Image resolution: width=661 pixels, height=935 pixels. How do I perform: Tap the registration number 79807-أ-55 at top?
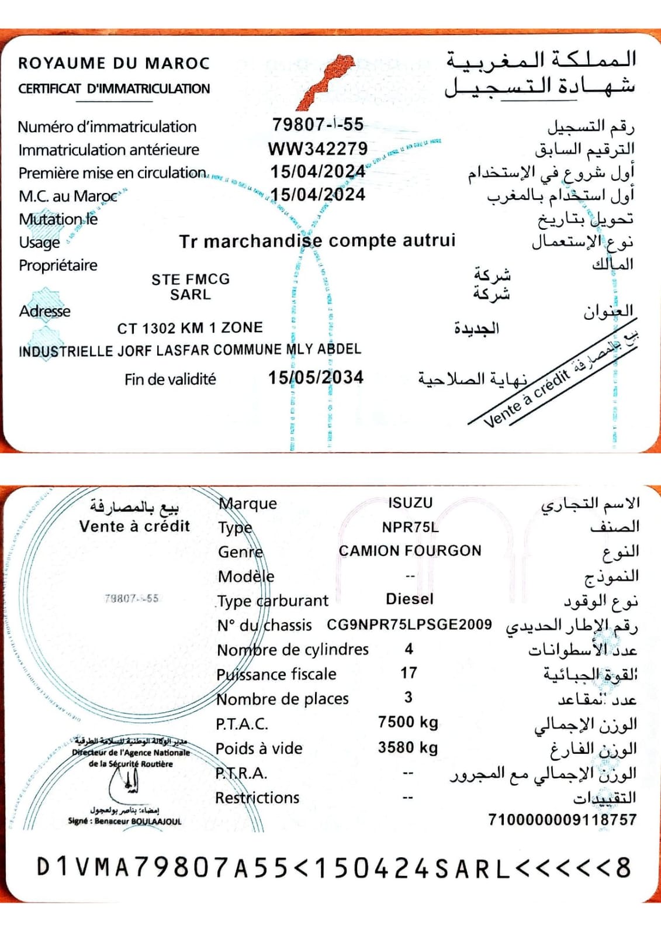click(x=317, y=124)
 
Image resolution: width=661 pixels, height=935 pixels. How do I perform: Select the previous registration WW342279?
click(x=317, y=149)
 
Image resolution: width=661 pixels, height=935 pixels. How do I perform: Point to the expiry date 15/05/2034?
click(x=316, y=378)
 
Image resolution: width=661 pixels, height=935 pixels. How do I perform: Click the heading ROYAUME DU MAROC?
click(x=114, y=63)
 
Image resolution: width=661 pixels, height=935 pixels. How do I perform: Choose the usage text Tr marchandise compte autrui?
click(x=317, y=241)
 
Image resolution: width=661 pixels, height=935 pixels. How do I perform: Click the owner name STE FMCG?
click(x=191, y=280)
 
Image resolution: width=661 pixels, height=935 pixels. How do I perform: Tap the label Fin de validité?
click(x=170, y=379)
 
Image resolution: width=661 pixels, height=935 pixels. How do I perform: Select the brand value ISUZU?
click(x=410, y=503)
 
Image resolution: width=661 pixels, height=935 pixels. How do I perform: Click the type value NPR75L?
click(x=410, y=527)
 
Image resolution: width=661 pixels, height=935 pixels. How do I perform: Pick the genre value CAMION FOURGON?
click(x=410, y=551)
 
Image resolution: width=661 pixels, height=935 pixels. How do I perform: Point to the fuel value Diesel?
click(x=410, y=599)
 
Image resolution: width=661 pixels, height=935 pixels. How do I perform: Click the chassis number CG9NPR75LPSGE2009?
click(x=409, y=625)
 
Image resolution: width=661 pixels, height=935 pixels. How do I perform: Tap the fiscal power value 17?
click(x=409, y=673)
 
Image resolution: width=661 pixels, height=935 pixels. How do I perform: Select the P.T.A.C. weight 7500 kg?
click(x=408, y=722)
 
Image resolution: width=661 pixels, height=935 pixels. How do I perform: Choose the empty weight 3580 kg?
click(x=408, y=747)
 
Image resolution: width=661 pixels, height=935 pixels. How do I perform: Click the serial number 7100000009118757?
click(x=562, y=820)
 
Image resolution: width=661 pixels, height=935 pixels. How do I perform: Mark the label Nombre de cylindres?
click(x=293, y=650)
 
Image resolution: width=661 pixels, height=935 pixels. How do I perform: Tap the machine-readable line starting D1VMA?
click(x=333, y=868)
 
